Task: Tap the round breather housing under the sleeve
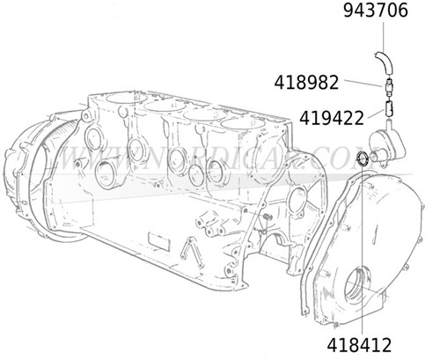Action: click(x=387, y=143)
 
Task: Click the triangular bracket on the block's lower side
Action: click(x=188, y=254)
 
